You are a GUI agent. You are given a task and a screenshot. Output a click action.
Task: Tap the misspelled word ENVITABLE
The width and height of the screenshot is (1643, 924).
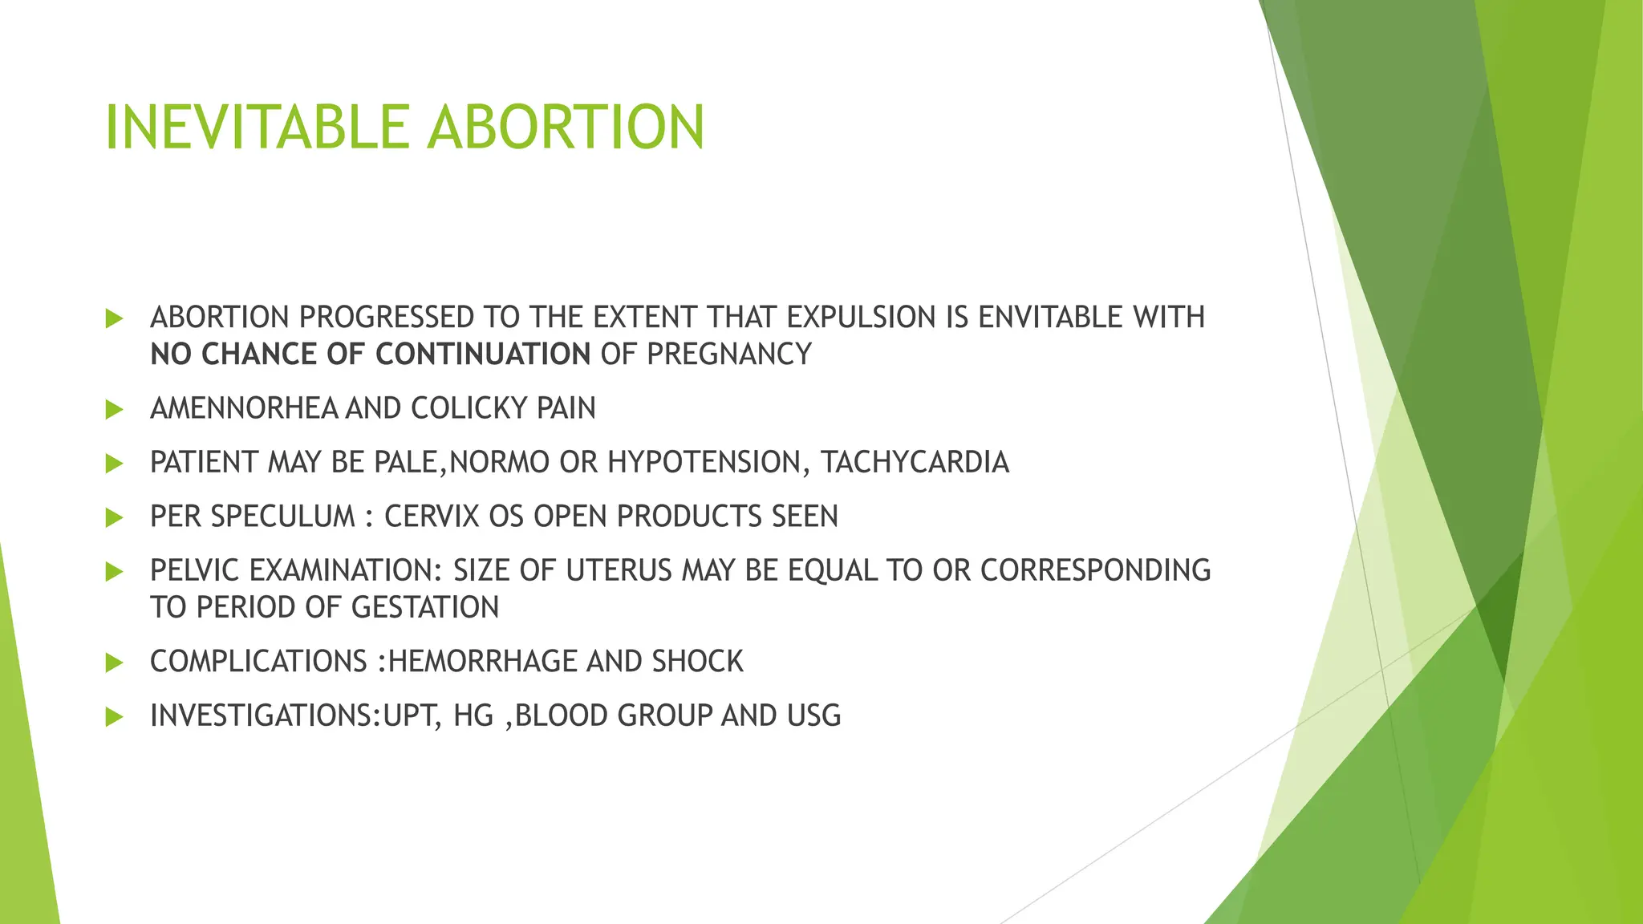(1050, 318)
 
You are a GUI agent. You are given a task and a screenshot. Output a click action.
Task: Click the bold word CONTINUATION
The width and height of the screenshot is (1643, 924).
(483, 354)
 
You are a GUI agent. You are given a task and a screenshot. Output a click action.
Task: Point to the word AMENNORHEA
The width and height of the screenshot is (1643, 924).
(244, 408)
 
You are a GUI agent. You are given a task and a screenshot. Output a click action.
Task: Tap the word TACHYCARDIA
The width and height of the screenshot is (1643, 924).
(914, 463)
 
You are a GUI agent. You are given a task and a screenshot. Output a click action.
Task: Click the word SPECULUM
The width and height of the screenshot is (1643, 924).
(282, 517)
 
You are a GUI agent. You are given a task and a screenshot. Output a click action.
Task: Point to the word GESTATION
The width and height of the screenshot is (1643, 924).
(425, 607)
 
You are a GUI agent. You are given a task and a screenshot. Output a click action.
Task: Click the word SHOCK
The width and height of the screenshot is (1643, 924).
(697, 662)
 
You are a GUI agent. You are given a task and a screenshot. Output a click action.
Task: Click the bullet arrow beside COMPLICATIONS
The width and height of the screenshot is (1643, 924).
(114, 663)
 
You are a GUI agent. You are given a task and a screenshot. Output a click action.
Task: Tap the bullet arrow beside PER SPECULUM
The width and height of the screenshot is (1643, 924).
(114, 517)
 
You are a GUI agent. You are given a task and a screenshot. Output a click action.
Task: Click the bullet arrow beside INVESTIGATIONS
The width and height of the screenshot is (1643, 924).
(114, 716)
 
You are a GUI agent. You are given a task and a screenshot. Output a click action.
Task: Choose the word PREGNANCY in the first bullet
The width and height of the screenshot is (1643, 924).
(729, 354)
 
